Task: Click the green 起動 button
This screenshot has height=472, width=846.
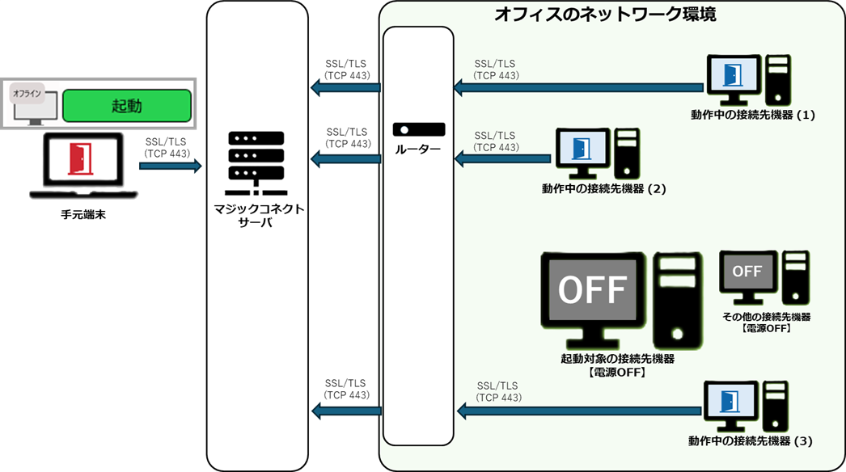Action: [x=126, y=106]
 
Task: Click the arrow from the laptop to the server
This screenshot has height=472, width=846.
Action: [x=170, y=166]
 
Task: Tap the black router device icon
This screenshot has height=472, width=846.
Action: [x=418, y=129]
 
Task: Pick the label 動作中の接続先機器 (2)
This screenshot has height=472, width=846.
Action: [x=603, y=188]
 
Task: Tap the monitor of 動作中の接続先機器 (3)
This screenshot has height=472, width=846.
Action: [x=731, y=402]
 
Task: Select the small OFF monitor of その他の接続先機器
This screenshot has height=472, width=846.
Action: [x=747, y=272]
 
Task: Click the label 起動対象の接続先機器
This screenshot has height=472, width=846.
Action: [x=617, y=358]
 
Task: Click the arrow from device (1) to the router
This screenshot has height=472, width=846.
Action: [x=578, y=83]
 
